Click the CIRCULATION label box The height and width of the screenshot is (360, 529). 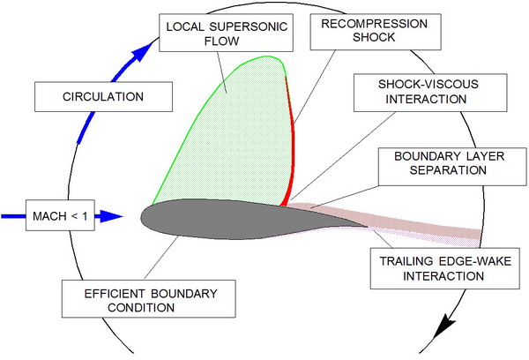tap(84, 96)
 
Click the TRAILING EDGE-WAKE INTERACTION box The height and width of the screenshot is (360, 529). tap(427, 267)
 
